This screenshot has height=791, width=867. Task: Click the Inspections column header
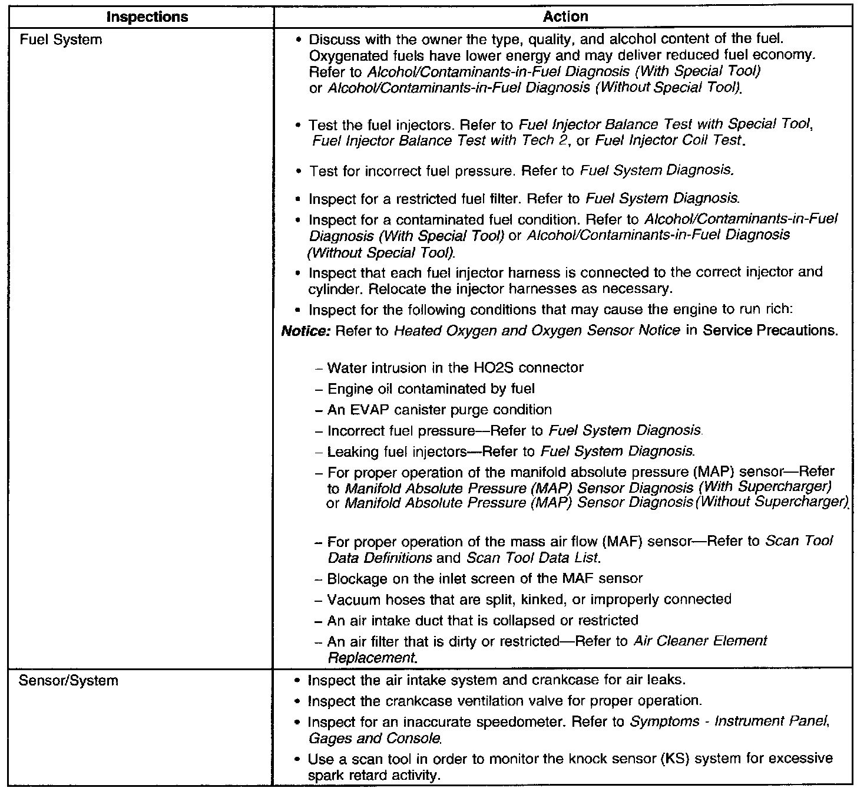click(x=147, y=17)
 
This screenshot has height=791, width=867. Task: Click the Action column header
click(x=565, y=17)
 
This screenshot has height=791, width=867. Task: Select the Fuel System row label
click(x=61, y=39)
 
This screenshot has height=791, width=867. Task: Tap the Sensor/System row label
click(x=68, y=680)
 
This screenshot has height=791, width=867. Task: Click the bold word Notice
click(x=306, y=331)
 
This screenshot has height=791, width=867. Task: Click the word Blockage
click(x=356, y=578)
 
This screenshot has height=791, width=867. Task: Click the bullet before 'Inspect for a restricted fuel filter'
click(x=300, y=199)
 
